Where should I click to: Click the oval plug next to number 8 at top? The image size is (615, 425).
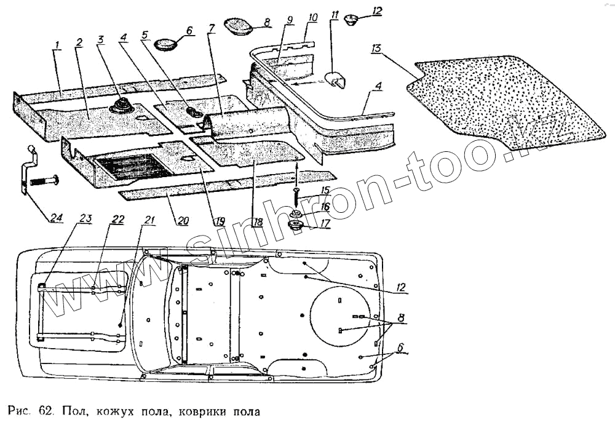(238, 26)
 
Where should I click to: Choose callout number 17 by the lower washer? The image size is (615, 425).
(325, 224)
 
